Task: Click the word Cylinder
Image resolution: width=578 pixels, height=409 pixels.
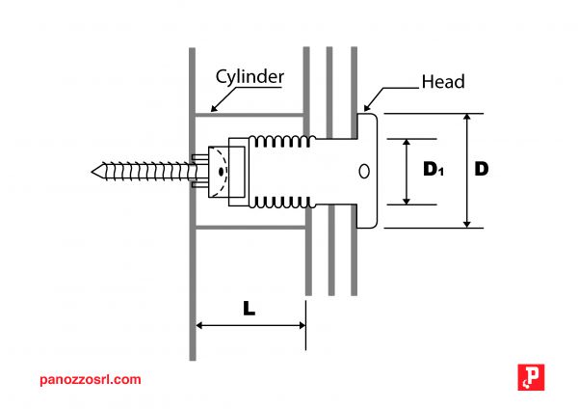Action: pyautogui.click(x=250, y=77)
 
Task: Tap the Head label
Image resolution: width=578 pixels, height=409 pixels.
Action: pyautogui.click(x=443, y=82)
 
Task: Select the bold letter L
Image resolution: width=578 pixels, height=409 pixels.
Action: pyautogui.click(x=250, y=309)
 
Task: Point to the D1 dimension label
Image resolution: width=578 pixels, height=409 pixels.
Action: pyautogui.click(x=433, y=169)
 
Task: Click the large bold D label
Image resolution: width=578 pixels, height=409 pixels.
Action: pyautogui.click(x=482, y=169)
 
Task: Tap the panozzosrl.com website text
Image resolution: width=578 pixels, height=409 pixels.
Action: pyautogui.click(x=91, y=379)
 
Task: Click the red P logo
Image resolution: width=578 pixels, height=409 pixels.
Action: pyautogui.click(x=531, y=377)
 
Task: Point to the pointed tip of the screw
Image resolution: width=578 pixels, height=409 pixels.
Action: pyautogui.click(x=92, y=172)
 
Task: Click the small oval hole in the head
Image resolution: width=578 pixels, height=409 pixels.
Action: pyautogui.click(x=364, y=172)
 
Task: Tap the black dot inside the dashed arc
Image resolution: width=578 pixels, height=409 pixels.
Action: pyautogui.click(x=222, y=172)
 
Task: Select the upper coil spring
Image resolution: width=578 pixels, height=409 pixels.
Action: pyautogui.click(x=282, y=142)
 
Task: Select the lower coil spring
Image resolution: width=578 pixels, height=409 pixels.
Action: pyautogui.click(x=282, y=202)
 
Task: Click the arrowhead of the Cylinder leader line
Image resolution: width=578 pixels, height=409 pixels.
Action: pyautogui.click(x=214, y=109)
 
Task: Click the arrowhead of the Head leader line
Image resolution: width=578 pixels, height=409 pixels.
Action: pyautogui.click(x=367, y=107)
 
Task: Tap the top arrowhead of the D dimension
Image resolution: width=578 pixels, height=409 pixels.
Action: pyautogui.click(x=467, y=117)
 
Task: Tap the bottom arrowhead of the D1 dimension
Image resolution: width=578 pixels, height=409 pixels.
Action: pyautogui.click(x=407, y=201)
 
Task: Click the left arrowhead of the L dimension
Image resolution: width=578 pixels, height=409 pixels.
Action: pyautogui.click(x=199, y=326)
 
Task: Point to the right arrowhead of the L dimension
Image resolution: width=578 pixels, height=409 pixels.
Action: pyautogui.click(x=302, y=326)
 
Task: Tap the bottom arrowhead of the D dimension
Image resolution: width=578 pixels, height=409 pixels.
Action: pyautogui.click(x=467, y=225)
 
